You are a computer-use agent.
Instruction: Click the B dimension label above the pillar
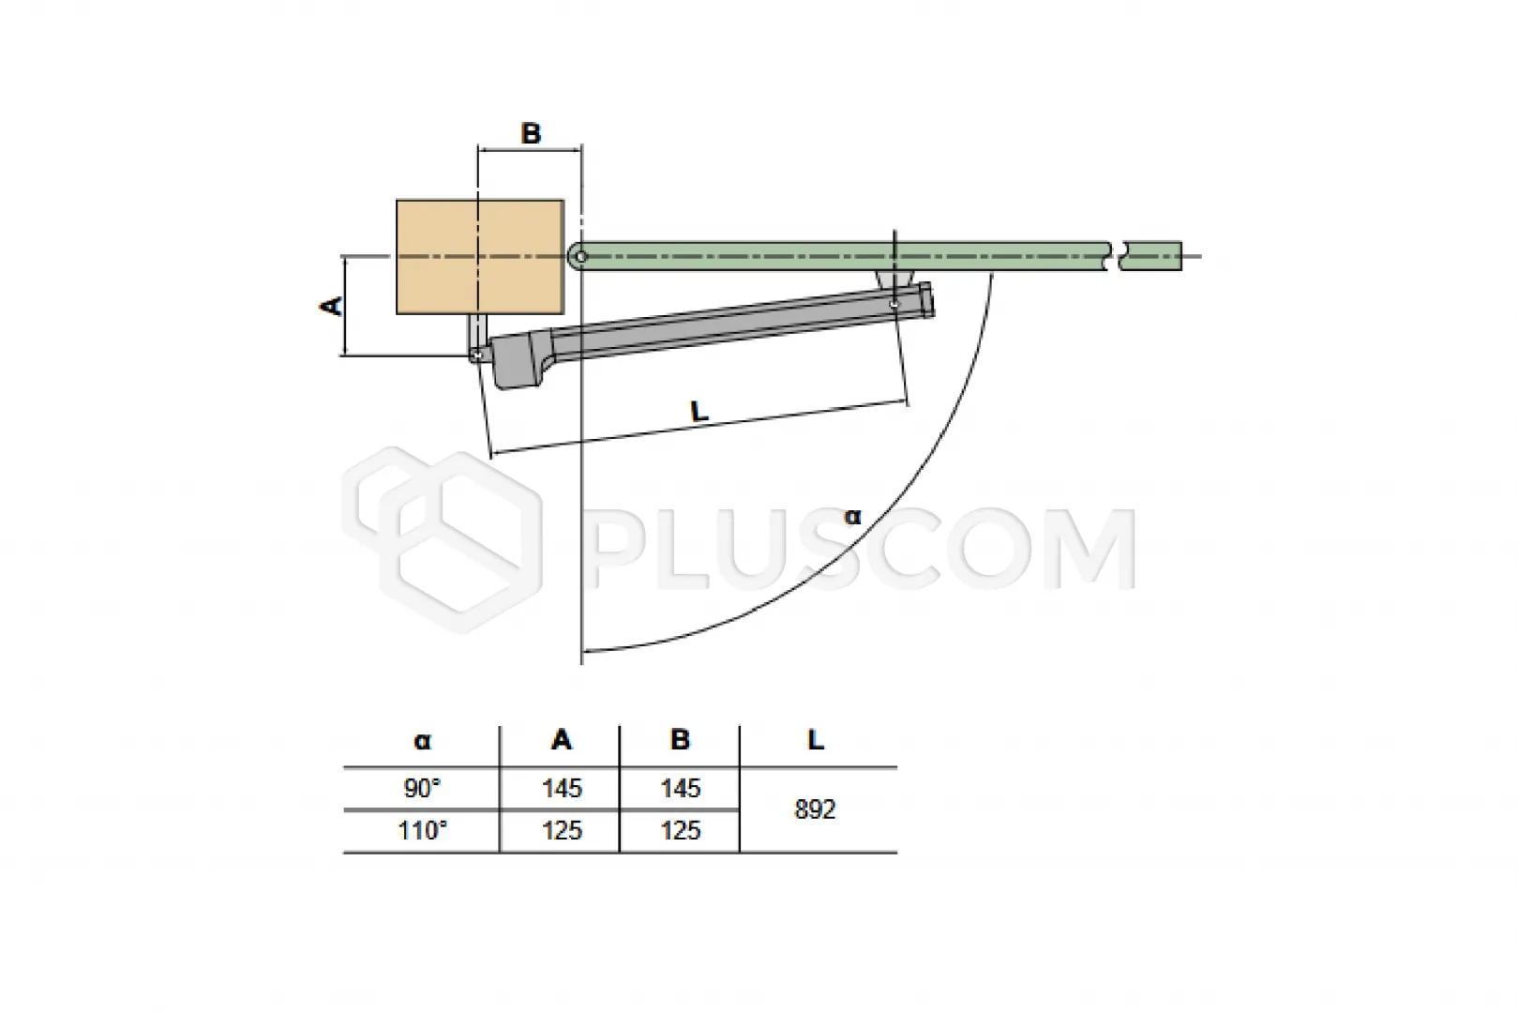(x=531, y=133)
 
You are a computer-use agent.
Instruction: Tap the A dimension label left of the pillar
(x=331, y=306)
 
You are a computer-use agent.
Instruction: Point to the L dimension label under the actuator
(x=699, y=411)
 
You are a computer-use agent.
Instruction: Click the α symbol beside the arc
(x=852, y=517)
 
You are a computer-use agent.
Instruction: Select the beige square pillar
(x=480, y=257)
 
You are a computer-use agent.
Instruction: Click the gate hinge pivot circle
(x=580, y=257)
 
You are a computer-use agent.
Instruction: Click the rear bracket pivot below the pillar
(x=478, y=355)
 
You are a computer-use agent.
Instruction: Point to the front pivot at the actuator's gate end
(x=894, y=305)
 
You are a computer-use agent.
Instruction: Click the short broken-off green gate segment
(x=1150, y=256)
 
